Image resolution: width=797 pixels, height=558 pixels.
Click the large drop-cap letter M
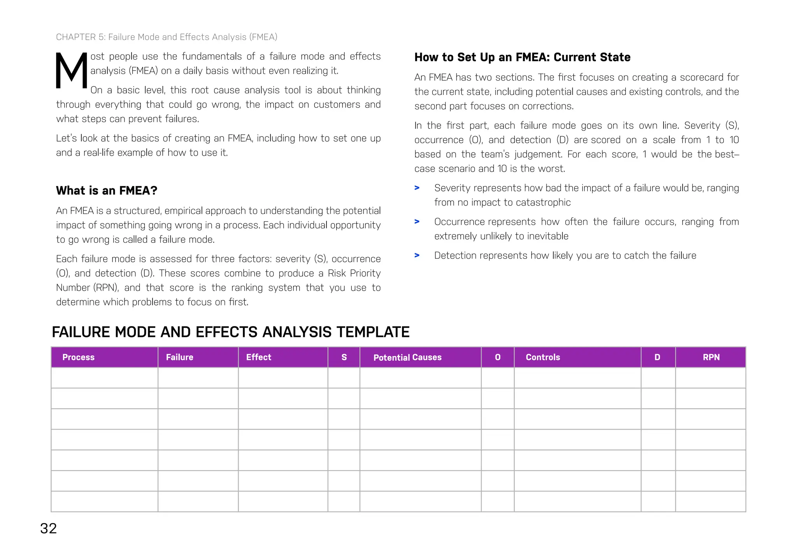(x=72, y=71)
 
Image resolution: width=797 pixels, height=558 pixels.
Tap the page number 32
(x=49, y=528)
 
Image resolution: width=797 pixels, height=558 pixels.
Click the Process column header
(x=78, y=357)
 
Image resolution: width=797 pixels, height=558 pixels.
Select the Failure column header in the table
(x=179, y=357)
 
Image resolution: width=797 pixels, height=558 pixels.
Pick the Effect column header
(x=258, y=357)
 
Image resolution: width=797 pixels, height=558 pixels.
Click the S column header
(x=344, y=357)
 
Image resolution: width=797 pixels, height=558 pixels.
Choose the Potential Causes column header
(x=407, y=358)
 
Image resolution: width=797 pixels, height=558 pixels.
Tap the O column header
(x=497, y=357)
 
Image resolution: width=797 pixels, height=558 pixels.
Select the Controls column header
(x=543, y=357)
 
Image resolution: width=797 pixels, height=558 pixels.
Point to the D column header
(x=657, y=357)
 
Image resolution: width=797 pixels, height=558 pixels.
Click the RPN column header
(x=711, y=357)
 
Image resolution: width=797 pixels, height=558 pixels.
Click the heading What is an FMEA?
(x=107, y=191)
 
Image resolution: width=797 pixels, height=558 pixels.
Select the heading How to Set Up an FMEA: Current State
(x=522, y=57)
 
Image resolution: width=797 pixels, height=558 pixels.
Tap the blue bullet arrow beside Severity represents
(x=417, y=188)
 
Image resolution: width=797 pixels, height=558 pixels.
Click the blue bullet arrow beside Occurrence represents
(x=417, y=222)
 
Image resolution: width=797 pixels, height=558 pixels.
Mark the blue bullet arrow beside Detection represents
(x=417, y=256)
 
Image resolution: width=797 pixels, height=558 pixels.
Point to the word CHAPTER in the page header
(x=76, y=37)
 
